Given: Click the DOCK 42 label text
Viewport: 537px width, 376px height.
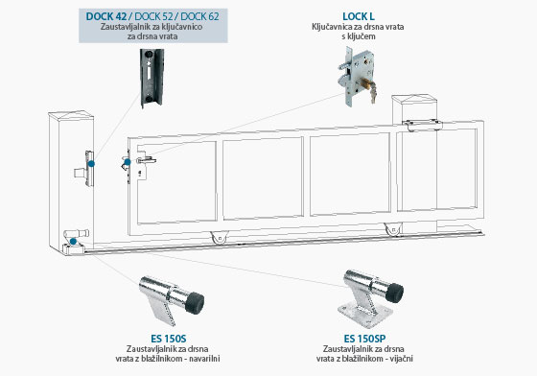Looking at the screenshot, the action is (105, 16).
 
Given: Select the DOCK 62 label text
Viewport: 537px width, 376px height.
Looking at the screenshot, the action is (199, 16).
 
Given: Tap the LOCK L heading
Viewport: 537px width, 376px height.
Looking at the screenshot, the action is (359, 16).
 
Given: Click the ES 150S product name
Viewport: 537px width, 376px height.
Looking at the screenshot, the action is (168, 339).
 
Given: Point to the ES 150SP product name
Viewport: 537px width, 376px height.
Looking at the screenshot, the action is (364, 339).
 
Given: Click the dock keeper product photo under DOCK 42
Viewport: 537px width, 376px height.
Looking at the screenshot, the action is (152, 78).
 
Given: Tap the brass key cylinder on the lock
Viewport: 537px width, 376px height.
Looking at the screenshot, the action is (366, 83).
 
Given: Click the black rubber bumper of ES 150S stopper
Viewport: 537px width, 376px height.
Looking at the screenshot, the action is (196, 303).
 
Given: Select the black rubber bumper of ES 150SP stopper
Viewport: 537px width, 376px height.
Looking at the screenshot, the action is (395, 292).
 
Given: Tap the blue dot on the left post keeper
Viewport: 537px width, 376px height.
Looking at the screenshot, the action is (91, 164).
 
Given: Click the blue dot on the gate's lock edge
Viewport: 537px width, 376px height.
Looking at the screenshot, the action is (127, 162).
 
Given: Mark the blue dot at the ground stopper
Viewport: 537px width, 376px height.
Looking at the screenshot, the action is (73, 242).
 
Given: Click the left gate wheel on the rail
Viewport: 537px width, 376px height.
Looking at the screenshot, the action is (220, 237).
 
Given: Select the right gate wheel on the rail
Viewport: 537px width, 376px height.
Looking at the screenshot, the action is (393, 228).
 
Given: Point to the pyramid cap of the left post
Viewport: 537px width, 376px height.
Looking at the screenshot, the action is (71, 115).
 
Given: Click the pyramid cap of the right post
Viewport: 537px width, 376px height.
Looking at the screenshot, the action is (414, 99).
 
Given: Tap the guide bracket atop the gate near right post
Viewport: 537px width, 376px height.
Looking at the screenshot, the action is (422, 125).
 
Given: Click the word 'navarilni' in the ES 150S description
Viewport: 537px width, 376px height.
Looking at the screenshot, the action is (204, 359).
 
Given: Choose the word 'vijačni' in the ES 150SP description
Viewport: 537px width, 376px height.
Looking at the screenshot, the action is (401, 359).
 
